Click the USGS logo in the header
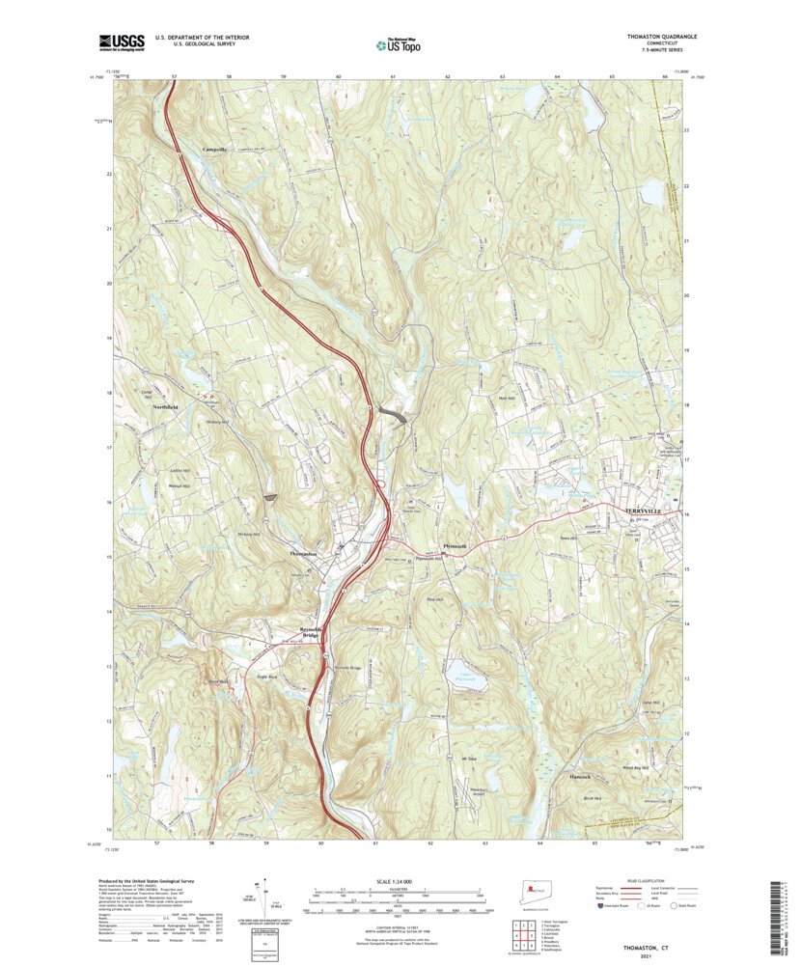(121, 41)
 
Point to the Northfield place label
(165, 408)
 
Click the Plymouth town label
(454, 546)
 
